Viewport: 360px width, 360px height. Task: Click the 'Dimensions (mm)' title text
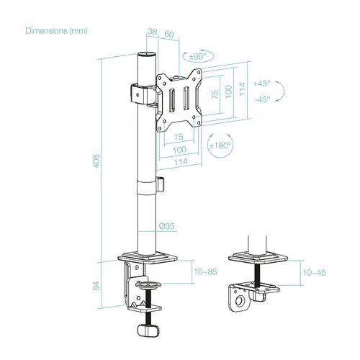tap(56, 31)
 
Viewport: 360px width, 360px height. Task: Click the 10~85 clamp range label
tap(204, 271)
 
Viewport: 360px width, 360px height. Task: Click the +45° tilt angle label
tap(263, 83)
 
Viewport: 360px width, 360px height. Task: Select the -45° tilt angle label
tap(263, 100)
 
